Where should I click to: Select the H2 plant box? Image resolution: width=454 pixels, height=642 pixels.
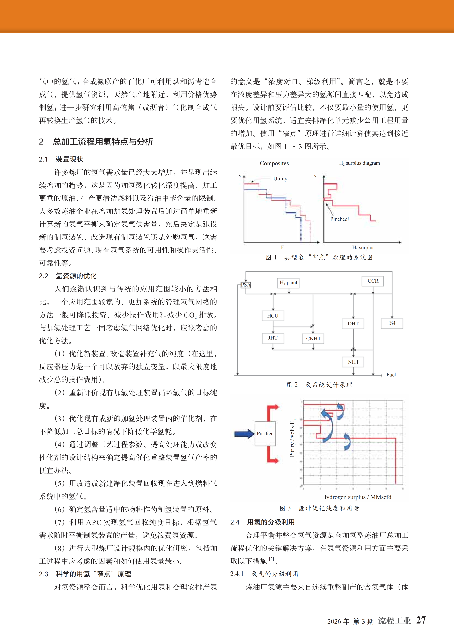[x=288, y=283]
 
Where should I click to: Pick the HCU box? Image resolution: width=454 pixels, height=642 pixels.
[x=273, y=316]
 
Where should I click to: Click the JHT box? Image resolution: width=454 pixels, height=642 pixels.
[x=273, y=338]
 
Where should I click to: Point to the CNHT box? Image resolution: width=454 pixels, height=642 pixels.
[x=313, y=338]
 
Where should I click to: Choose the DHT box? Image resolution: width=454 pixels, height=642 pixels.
[x=353, y=324]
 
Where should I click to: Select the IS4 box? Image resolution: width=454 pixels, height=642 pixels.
[x=392, y=323]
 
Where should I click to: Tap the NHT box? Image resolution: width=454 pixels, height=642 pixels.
[x=353, y=362]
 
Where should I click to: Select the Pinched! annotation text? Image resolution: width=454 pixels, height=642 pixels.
[x=339, y=219]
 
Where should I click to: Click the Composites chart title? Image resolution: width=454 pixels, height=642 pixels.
[x=274, y=163]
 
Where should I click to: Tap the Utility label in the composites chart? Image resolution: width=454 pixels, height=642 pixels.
[x=280, y=179]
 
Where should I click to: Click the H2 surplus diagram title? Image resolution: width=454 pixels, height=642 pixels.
[x=359, y=163]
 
